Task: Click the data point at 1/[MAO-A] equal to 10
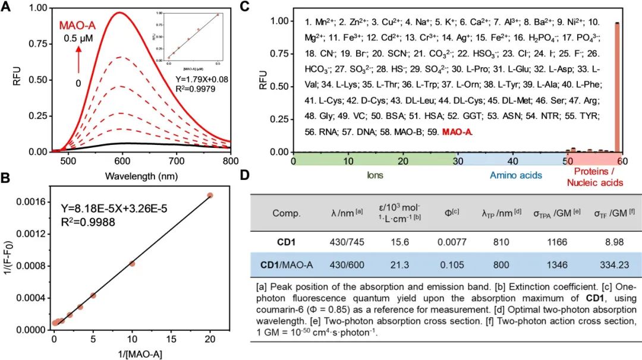click(x=132, y=263)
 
